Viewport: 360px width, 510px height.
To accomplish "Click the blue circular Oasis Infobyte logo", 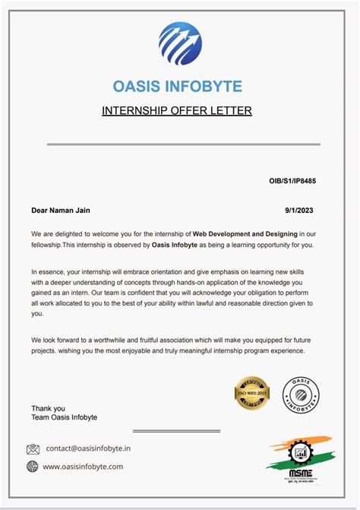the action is click(180, 44).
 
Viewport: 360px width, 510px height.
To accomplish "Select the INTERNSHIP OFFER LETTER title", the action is click(177, 112).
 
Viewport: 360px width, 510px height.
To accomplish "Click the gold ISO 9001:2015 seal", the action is click(252, 394).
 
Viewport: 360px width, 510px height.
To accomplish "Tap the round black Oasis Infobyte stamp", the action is click(301, 396).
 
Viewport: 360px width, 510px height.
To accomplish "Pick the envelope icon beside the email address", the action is click(33, 448).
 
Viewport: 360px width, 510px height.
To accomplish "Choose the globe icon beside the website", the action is click(33, 467).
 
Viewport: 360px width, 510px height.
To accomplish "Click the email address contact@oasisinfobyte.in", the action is click(88, 448).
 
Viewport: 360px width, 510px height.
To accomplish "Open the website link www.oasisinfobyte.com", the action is click(83, 467).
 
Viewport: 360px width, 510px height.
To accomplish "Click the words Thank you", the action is click(48, 408).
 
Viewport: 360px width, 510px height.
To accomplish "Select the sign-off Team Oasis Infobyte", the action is click(64, 418).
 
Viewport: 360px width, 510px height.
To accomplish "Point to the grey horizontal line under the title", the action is click(183, 144).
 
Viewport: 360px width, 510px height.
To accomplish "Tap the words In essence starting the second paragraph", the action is click(47, 271).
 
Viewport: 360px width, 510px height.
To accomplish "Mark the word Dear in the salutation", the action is click(39, 211).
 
